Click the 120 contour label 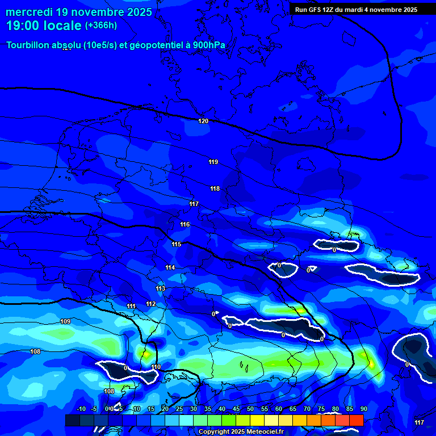coord(203,121)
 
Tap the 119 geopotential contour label coord(213,162)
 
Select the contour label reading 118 coord(215,188)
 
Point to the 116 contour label coord(185,224)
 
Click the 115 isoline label coord(176,244)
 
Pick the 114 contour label coord(170,267)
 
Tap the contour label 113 coord(160,288)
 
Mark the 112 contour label coord(150,304)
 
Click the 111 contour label coord(131,306)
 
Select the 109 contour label coord(65,321)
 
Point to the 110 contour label coord(156,367)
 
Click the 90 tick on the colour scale coord(363,409)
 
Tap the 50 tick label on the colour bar coord(250,409)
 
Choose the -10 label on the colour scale coord(81,409)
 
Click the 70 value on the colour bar coord(307,409)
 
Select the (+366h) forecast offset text coord(101,26)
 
